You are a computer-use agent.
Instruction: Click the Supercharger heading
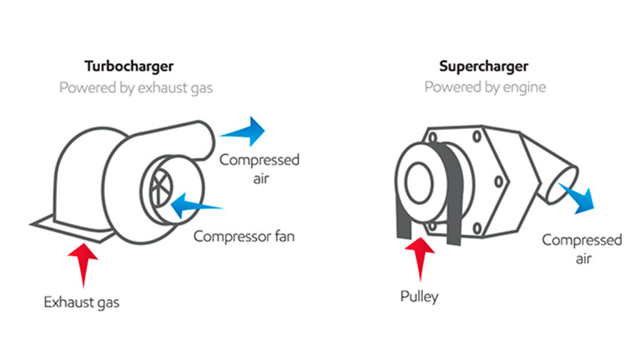(484, 66)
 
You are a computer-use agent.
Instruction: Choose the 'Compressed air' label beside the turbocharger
(259, 168)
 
